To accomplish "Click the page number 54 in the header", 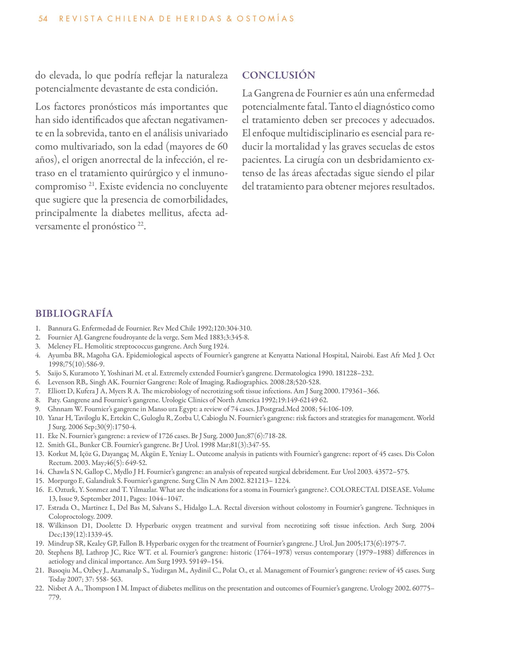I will [43, 19].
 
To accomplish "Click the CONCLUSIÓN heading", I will [278, 75].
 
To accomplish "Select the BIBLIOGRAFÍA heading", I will [74, 313].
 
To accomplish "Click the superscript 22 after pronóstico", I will [141, 225].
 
